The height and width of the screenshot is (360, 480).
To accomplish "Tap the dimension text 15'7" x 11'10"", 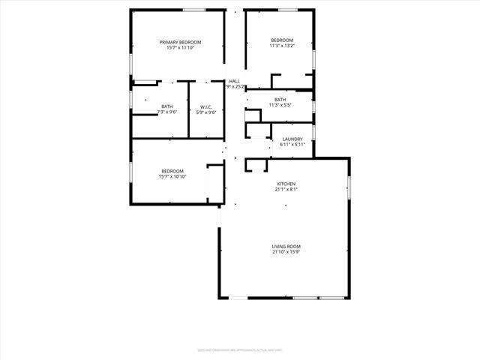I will coord(181,48).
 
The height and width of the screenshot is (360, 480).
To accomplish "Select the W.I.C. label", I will coord(205,106).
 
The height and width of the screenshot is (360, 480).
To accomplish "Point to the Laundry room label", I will coord(292,139).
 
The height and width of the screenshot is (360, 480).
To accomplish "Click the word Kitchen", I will coord(286,184).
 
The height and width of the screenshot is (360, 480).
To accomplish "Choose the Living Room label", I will coord(286,246).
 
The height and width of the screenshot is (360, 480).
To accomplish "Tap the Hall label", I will coord(235,81).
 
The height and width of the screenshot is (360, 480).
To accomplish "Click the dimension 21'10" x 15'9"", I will coord(286,252).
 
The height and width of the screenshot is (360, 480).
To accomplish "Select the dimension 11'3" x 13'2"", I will coord(282,46).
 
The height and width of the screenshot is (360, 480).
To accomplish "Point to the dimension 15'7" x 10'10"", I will coord(172,177).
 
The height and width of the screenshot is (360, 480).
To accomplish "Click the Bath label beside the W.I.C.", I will coord(166,106).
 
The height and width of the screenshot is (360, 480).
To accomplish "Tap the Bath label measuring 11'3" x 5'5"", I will coord(280,100).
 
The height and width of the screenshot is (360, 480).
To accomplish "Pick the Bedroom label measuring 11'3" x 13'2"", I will coord(282,40).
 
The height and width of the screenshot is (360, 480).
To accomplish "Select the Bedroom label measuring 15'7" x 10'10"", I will coord(172,171).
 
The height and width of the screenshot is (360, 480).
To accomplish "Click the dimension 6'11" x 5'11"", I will coord(292,145).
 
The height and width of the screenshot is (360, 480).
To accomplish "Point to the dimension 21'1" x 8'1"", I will coord(286,190).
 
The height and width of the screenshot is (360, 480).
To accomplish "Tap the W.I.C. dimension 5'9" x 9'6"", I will coord(205,112).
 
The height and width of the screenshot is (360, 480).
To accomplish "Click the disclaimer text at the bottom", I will coord(239,349).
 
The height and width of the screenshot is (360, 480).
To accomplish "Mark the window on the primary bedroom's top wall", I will coord(194,10).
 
